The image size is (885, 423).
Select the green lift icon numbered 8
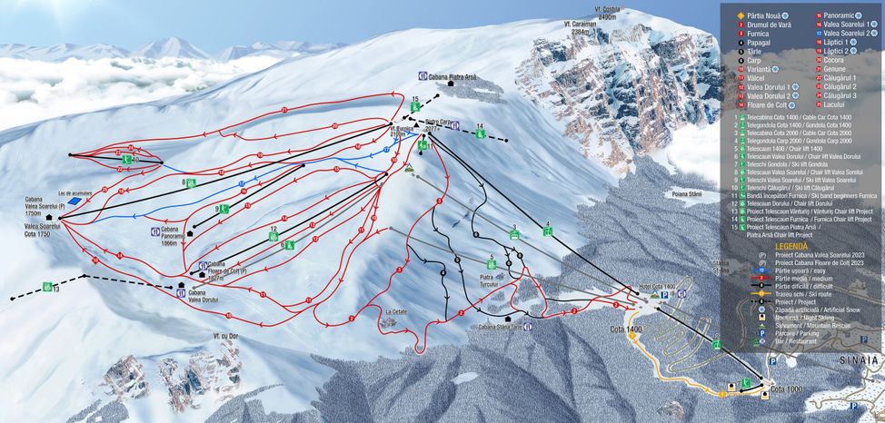[x=192, y=182]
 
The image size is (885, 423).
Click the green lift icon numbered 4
[x=547, y=231]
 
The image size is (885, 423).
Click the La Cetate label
[x=396, y=312]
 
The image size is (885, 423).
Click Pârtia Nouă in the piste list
[x=766, y=15]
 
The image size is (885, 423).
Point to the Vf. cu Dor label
[x=226, y=335]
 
